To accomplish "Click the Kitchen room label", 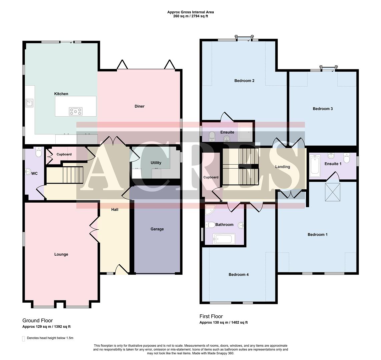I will click(x=61, y=94).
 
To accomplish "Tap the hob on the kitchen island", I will click(x=75, y=111).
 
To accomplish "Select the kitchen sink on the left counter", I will click(x=29, y=103).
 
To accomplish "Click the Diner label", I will click(x=139, y=106).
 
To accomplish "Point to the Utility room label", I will click(x=156, y=163).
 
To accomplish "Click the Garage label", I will click(x=157, y=229).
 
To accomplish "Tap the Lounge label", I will click(x=61, y=254).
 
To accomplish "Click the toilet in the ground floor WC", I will click(x=38, y=153).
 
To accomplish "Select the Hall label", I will click(x=115, y=210).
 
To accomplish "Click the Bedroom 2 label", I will click(x=244, y=81).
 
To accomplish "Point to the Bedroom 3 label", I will click(x=323, y=109).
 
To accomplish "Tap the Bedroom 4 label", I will click(x=238, y=275).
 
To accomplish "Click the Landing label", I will click(x=282, y=167).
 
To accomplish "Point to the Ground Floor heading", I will click(x=37, y=321).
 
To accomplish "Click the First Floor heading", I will click(x=211, y=316).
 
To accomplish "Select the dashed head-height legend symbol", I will click(x=24, y=338).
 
